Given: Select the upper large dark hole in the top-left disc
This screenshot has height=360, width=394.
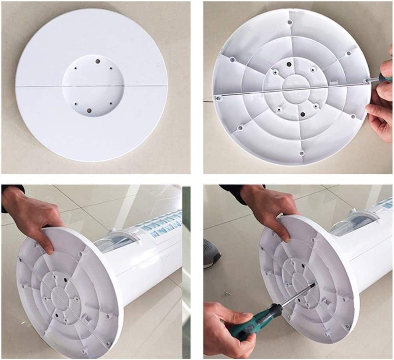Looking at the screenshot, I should [98, 61].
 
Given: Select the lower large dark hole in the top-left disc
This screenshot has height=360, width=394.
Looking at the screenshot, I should [89, 111].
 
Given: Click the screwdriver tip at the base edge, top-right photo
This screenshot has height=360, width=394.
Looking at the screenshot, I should [366, 81].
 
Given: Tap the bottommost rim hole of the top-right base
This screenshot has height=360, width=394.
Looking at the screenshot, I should [301, 153].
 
